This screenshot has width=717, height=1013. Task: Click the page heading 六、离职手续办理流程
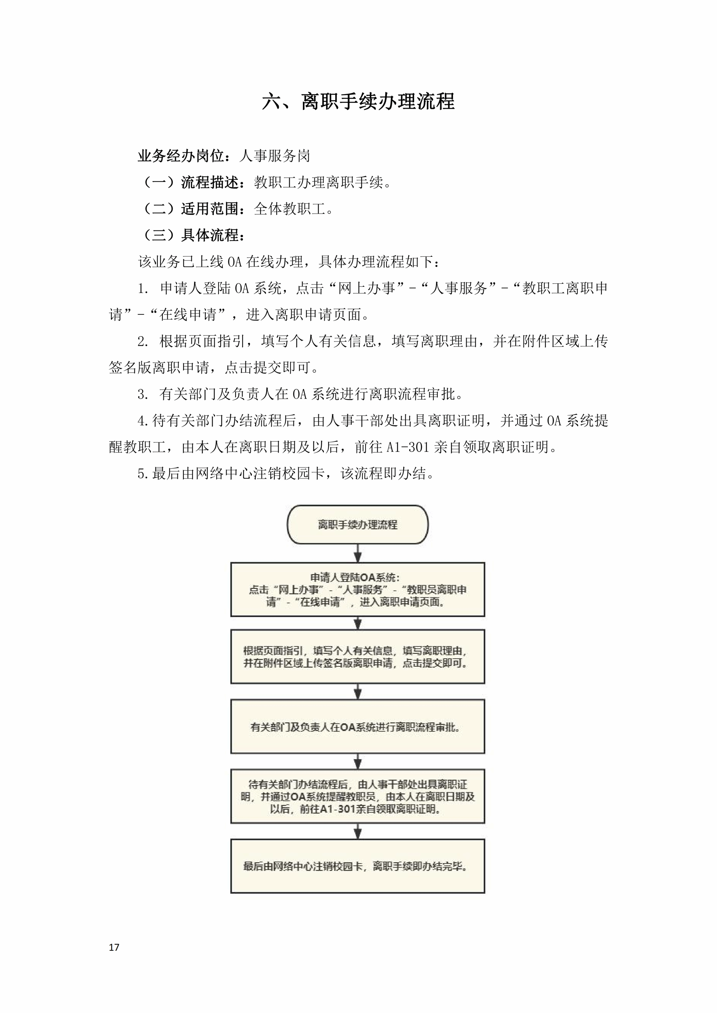pyautogui.click(x=358, y=101)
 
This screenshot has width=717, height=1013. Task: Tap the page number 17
pyautogui.click(x=114, y=947)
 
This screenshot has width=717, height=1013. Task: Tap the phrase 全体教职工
pyautogui.click(x=290, y=209)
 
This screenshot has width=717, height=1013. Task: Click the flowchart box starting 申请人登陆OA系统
pyautogui.click(x=357, y=589)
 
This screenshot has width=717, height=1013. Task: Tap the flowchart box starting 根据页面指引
pyautogui.click(x=357, y=657)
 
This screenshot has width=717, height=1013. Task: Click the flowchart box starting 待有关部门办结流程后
pyautogui.click(x=357, y=796)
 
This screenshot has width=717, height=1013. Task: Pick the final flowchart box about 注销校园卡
pyautogui.click(x=357, y=866)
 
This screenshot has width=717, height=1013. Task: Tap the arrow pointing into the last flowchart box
pyautogui.click(x=358, y=831)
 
